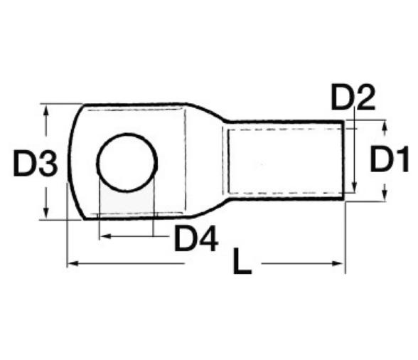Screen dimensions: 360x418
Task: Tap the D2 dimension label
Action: [x=353, y=97]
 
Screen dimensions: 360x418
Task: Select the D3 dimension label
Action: [x=34, y=165]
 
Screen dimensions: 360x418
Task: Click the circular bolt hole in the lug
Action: [x=126, y=162]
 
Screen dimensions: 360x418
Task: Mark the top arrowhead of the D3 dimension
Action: [x=46, y=110]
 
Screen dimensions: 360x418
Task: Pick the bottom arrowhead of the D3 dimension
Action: [x=46, y=215]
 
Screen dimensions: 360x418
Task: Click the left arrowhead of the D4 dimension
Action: [x=104, y=233]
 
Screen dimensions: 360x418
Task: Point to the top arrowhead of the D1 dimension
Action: [x=384, y=125]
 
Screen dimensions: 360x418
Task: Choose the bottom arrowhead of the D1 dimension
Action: [x=384, y=196]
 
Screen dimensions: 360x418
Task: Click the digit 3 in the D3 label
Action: [x=46, y=165]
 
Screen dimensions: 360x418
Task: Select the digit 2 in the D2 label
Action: [x=365, y=97]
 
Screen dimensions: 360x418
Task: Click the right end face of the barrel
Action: [x=345, y=161]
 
